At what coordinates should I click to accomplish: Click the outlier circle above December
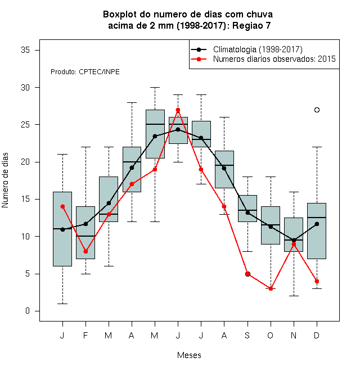[x=317, y=110]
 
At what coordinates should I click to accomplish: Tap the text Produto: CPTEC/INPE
[x=85, y=72]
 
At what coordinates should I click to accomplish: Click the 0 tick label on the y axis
[x=28, y=311]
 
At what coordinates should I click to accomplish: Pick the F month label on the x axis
[x=85, y=335]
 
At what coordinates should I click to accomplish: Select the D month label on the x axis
[x=317, y=335]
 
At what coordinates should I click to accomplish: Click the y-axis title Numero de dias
[x=5, y=180]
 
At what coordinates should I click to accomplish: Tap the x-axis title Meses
[x=189, y=355]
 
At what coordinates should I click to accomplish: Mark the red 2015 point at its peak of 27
[x=178, y=110]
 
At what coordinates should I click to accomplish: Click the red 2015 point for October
[x=271, y=289]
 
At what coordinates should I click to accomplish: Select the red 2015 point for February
[x=85, y=251]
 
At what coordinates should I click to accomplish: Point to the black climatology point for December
[x=317, y=224]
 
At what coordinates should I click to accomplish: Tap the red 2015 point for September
[x=247, y=274]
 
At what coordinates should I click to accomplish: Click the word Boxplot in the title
[x=120, y=15]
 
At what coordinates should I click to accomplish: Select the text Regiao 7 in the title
[x=251, y=25]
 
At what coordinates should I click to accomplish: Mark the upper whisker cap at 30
[x=155, y=87]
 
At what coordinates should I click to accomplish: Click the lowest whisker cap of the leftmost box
[x=62, y=304]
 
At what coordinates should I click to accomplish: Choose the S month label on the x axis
[x=247, y=335]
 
